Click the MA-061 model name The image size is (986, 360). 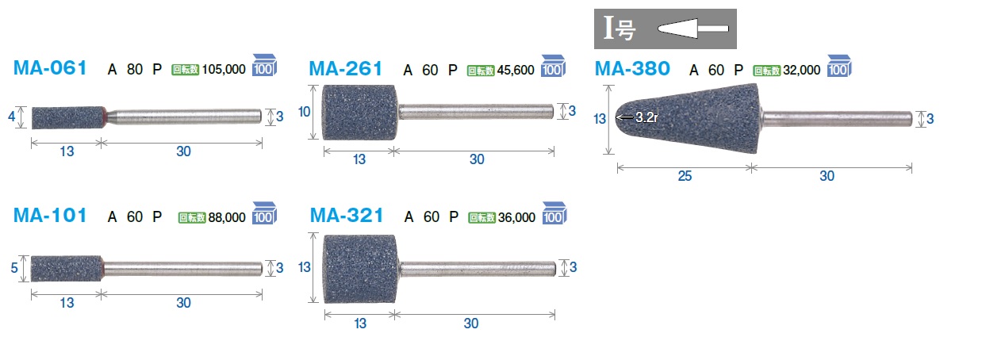tap(50, 68)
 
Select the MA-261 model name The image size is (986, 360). tap(346, 69)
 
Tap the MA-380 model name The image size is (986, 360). tap(632, 69)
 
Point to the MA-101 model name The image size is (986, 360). tap(50, 216)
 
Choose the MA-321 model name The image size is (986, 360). tap(347, 216)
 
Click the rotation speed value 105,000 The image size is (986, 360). tap(224, 70)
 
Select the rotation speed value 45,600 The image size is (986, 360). tap(516, 70)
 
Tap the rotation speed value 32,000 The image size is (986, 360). tap(801, 70)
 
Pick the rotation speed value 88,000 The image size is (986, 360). tap(227, 217)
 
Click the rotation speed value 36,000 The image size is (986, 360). tap(516, 217)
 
